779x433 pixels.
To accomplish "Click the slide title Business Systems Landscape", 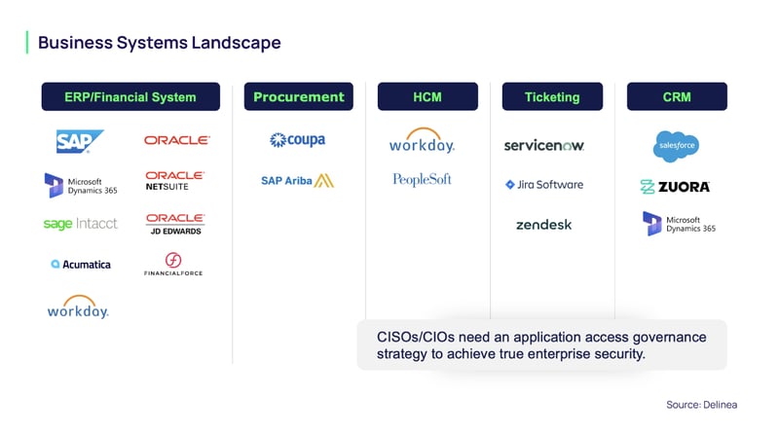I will tap(159, 43).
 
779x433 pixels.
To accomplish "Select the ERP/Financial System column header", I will tap(130, 96).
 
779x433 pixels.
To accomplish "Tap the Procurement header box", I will tap(298, 96).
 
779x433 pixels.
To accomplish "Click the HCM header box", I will tap(427, 96).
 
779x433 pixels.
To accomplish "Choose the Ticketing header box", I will tap(552, 96).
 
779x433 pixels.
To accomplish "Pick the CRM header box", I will tap(676, 96).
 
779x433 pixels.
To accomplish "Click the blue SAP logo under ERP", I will tap(79, 142).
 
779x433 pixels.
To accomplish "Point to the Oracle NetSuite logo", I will tap(174, 181).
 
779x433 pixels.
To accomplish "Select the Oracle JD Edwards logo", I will tap(174, 224).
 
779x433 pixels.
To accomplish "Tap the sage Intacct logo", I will tap(80, 224).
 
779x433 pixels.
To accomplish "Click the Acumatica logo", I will tap(81, 264).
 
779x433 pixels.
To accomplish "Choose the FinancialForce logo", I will tap(173, 265).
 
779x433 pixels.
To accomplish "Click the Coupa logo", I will tap(297, 140).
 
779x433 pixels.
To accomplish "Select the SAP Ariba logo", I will tap(297, 180).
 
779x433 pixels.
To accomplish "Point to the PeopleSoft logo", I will tap(422, 179).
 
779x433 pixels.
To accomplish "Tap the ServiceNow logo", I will tap(543, 145).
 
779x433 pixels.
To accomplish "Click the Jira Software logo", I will tap(543, 184).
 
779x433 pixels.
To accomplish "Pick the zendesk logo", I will tap(543, 225).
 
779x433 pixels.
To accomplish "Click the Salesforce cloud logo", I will tap(676, 146).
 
